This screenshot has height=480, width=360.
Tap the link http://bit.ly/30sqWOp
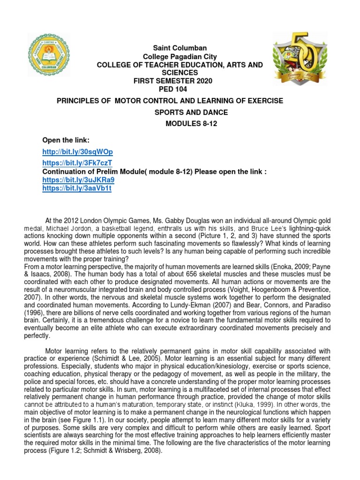pos(77,152)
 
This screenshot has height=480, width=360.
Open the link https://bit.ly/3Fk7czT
pos(77,163)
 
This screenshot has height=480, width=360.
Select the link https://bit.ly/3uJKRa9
pos(78,180)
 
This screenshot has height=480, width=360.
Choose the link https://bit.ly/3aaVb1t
pos(77,188)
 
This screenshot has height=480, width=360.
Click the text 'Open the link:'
pos(66,141)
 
